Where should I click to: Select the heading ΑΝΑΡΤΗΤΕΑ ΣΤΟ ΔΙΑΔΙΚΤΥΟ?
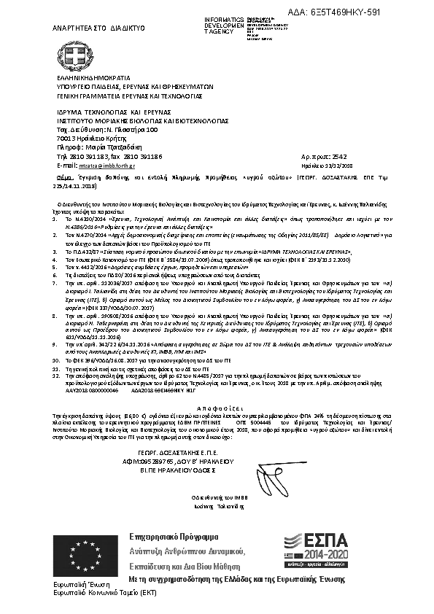(96, 28)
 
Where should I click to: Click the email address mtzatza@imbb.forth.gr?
(109, 166)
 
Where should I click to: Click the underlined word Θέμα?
(65, 177)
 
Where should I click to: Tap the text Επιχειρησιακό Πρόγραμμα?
(168, 536)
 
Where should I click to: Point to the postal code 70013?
(66, 137)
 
